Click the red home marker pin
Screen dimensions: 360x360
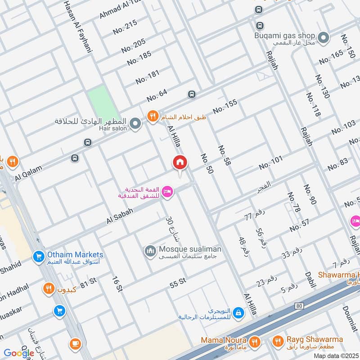pos(180,163)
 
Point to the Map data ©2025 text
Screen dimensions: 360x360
pos(335,355)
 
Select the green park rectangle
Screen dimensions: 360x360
pos(103,102)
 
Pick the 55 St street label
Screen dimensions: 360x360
pos(178,283)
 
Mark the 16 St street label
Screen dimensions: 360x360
pos(117,283)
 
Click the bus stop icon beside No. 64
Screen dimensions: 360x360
pos(192,94)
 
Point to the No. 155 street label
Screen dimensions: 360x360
pos(225,107)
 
